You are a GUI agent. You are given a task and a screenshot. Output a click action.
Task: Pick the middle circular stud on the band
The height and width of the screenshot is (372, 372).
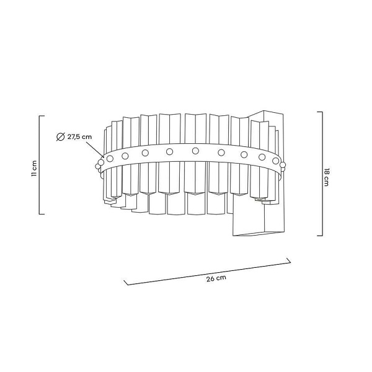[x=195, y=151]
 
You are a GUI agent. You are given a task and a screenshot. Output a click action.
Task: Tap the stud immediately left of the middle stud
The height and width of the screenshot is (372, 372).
[x=169, y=151]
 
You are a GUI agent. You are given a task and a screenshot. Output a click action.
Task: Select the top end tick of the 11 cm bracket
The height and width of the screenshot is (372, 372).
[x=42, y=116]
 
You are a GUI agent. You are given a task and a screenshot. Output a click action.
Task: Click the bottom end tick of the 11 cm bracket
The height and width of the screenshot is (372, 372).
[x=42, y=214]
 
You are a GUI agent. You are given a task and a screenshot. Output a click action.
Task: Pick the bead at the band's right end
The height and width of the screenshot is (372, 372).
[x=283, y=166]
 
